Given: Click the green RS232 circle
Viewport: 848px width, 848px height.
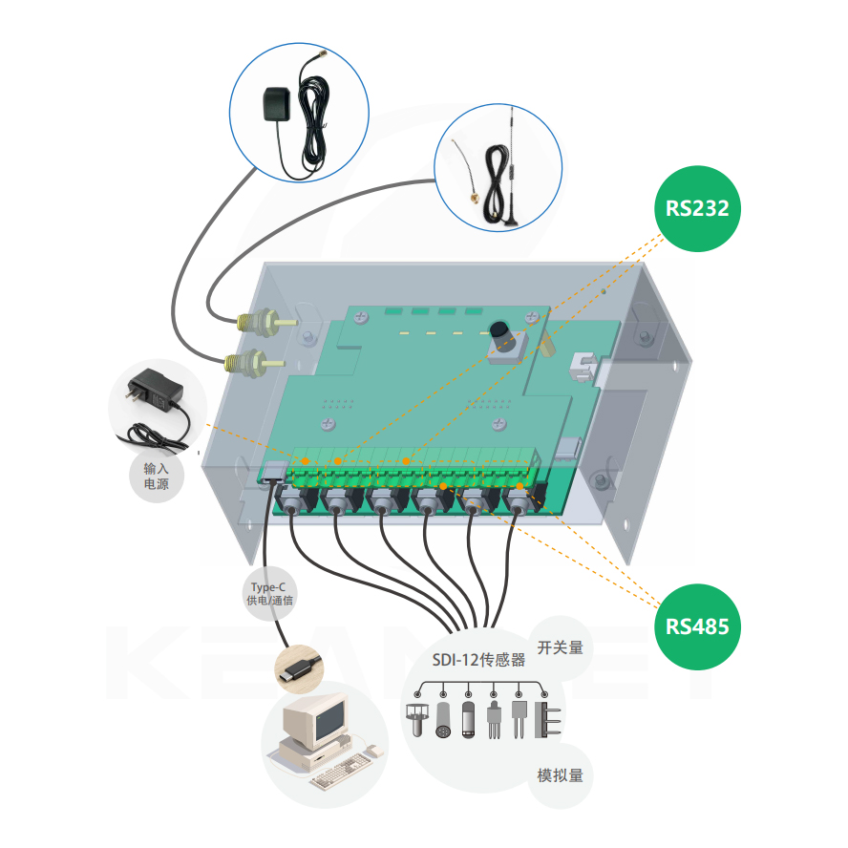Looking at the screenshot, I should coord(697,208).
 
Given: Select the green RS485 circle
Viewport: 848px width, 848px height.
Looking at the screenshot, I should coord(697,626).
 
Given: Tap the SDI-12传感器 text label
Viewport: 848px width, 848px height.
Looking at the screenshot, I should coord(478,660).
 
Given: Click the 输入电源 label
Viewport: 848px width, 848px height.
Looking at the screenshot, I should coord(156,477).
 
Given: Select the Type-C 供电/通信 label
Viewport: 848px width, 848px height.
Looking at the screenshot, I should coord(270,594).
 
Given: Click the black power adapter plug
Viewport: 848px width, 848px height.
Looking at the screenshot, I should coord(153,388).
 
